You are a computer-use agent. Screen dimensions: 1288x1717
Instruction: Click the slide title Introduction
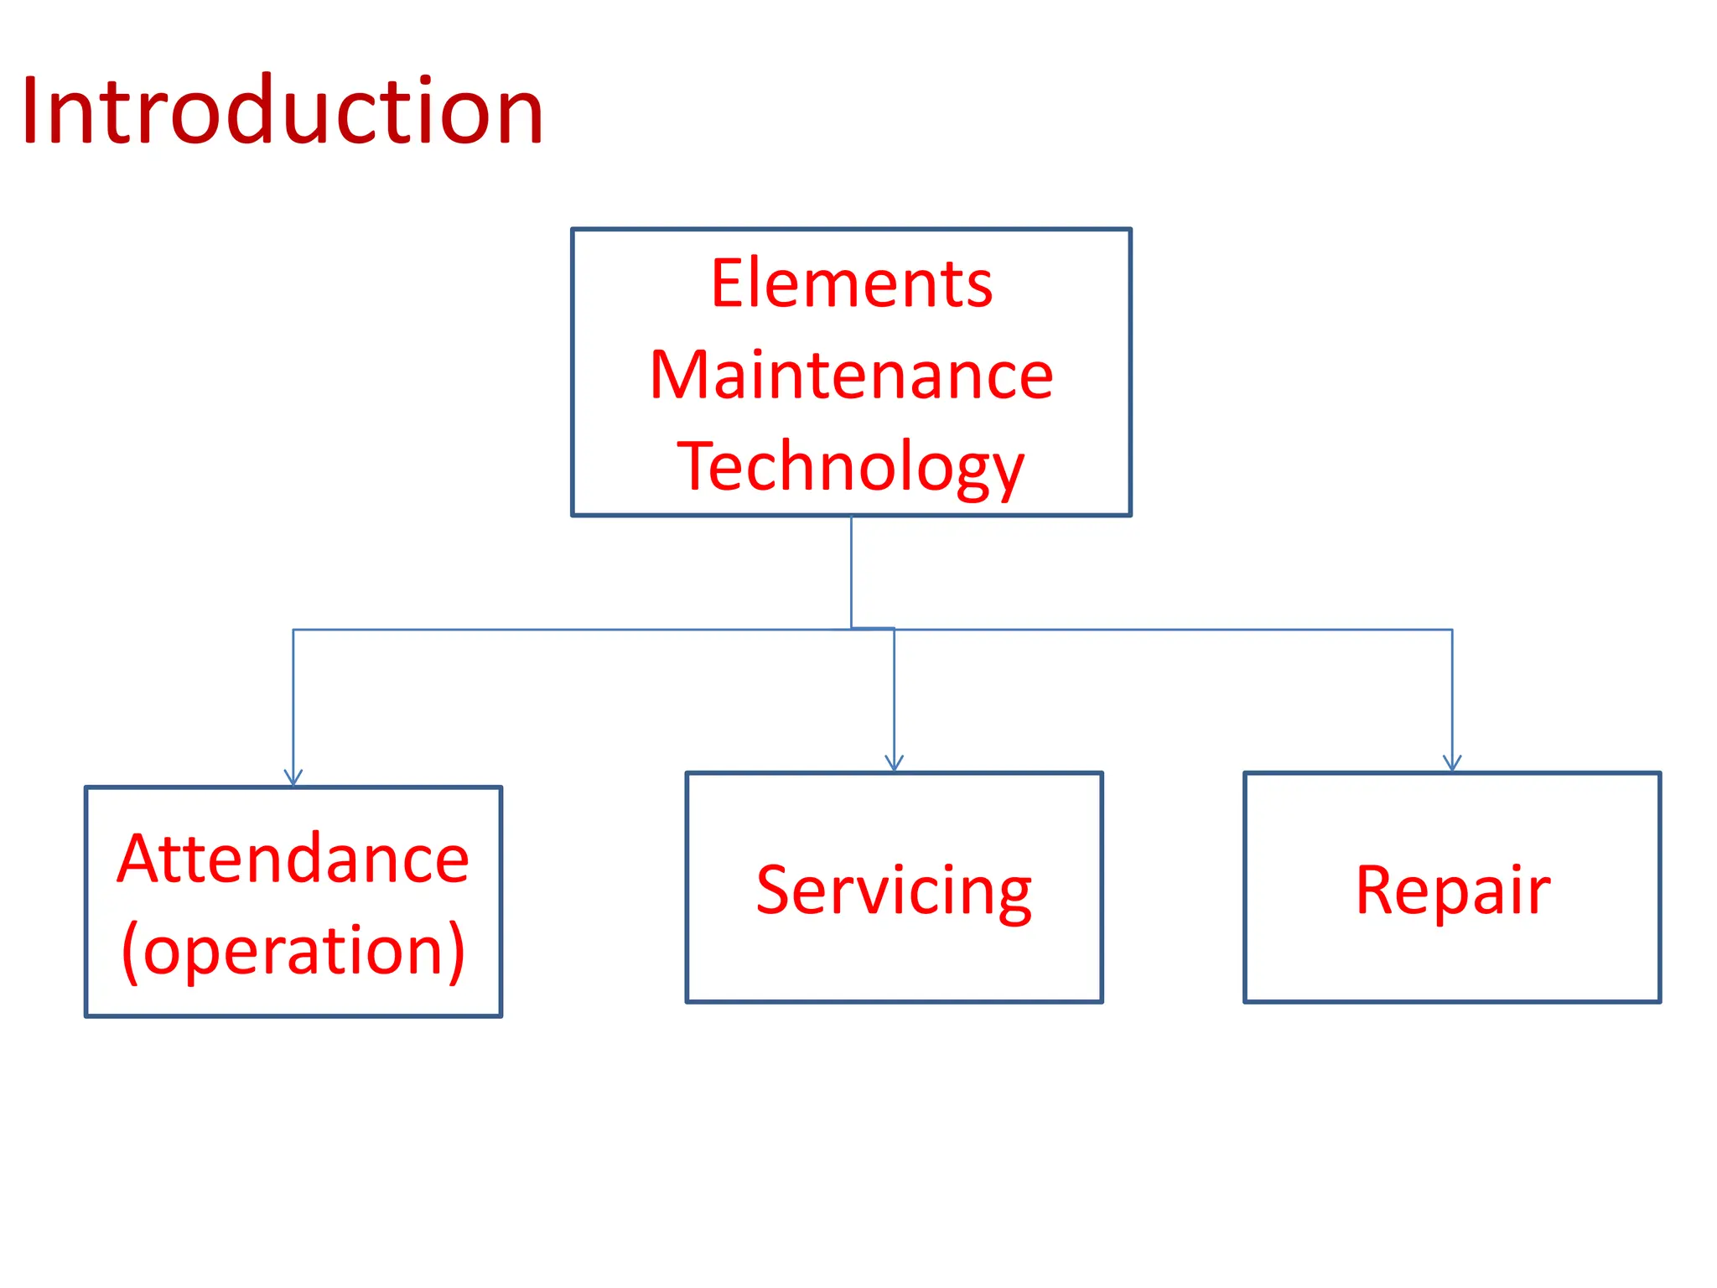[283, 111]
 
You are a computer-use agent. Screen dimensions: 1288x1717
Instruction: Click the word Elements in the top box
[852, 283]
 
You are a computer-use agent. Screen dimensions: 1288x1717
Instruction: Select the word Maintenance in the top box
[851, 375]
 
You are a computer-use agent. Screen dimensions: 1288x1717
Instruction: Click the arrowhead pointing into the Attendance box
[293, 779]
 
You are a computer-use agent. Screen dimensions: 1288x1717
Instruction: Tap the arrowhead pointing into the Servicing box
[894, 764]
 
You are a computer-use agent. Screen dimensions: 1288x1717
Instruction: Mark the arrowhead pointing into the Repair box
[1452, 764]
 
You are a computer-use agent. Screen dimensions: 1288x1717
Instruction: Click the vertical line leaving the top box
[851, 570]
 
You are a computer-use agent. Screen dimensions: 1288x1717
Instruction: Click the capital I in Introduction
[31, 111]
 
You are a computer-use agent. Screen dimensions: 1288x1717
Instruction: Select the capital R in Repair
[1377, 890]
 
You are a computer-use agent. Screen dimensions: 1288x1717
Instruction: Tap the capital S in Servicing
[774, 890]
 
